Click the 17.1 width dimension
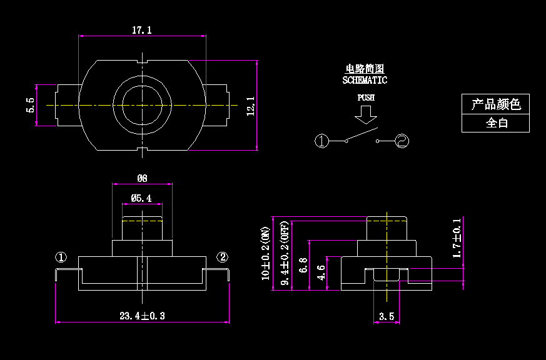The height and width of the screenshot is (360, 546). [142, 30]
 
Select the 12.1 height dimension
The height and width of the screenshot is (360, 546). [250, 105]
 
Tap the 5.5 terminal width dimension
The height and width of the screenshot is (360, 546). [30, 105]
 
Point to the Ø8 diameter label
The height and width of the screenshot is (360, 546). [142, 178]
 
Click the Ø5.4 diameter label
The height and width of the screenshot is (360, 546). [141, 198]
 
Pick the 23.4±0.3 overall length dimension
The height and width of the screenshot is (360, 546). [142, 316]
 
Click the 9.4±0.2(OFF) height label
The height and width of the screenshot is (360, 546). [285, 254]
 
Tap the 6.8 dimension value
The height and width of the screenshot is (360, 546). [303, 265]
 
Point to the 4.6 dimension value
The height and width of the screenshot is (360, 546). [321, 273]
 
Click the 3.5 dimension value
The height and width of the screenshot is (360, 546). [387, 317]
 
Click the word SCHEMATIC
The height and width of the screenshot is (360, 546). [365, 80]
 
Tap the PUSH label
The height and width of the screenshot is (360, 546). [366, 97]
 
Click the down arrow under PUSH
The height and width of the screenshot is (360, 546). [366, 114]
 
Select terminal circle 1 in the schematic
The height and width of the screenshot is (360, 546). [321, 141]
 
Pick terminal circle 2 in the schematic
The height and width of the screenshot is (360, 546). [402, 141]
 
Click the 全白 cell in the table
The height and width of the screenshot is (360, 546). [497, 123]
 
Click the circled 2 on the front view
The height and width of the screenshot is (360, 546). [223, 257]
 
